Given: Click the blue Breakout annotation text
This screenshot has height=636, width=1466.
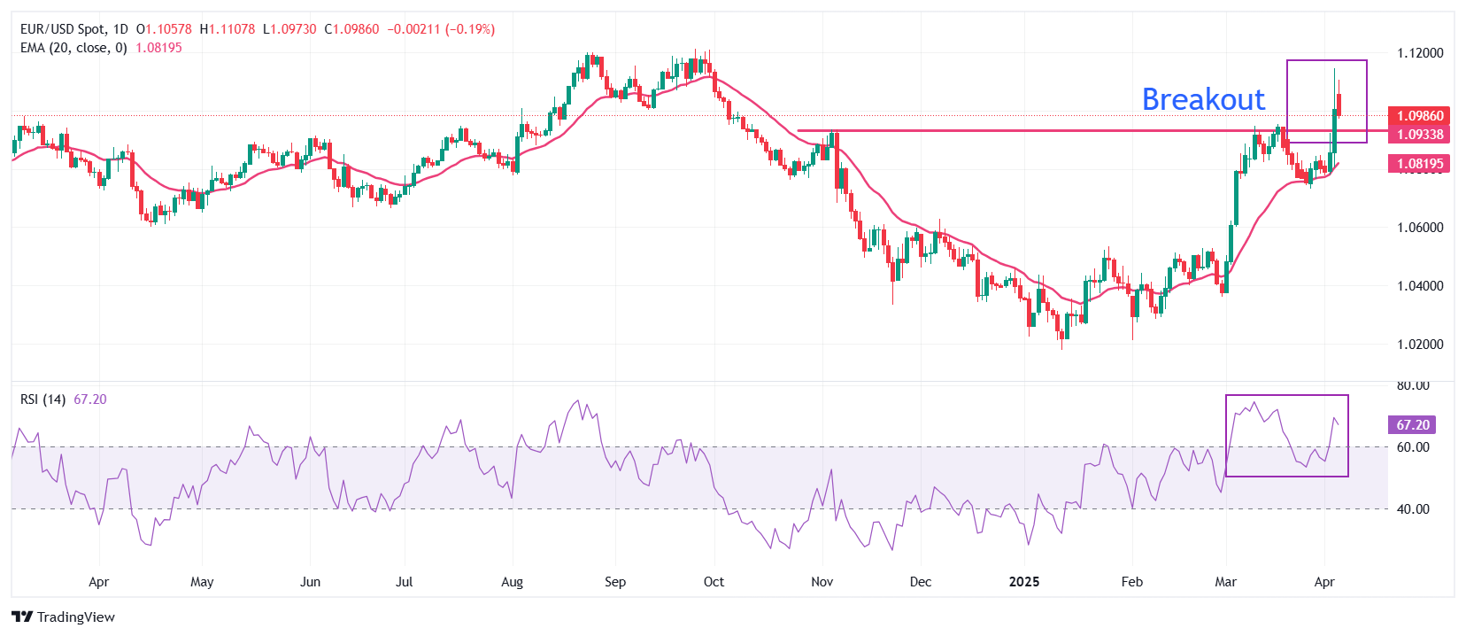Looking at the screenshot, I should click(x=1203, y=99).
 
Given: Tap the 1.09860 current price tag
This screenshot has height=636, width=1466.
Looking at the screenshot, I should click(x=1419, y=116).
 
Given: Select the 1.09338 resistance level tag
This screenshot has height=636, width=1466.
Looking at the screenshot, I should click(x=1419, y=135).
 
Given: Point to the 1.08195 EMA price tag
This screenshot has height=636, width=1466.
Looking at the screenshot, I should click(x=1419, y=164).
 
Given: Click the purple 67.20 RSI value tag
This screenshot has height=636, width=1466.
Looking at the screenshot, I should click(x=1412, y=425).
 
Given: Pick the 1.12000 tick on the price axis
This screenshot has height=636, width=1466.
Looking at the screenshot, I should click(x=1420, y=53).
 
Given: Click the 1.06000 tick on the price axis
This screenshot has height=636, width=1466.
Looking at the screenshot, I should click(x=1420, y=228).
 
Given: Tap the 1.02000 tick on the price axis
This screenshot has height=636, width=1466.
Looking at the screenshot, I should click(x=1420, y=345).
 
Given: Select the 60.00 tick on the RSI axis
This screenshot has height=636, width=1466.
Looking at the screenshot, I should click(x=1413, y=447).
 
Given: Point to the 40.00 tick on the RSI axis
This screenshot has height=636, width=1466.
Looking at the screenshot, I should click(x=1413, y=509).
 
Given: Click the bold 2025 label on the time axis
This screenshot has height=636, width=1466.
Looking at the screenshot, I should click(x=1024, y=582).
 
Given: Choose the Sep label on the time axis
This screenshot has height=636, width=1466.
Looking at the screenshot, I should click(x=615, y=582).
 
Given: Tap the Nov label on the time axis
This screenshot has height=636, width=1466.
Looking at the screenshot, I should click(x=822, y=582).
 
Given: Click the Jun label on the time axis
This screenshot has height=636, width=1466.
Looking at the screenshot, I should click(x=310, y=582).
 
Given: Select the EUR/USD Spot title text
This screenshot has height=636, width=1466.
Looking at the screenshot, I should click(x=62, y=29).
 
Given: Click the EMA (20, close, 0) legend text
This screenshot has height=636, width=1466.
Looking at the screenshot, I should click(x=73, y=48).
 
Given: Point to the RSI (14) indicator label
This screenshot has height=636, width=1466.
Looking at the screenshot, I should click(x=42, y=399).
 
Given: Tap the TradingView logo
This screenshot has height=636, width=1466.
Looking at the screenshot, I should click(x=64, y=617).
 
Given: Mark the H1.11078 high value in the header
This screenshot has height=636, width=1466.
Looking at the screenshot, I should click(x=228, y=29).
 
